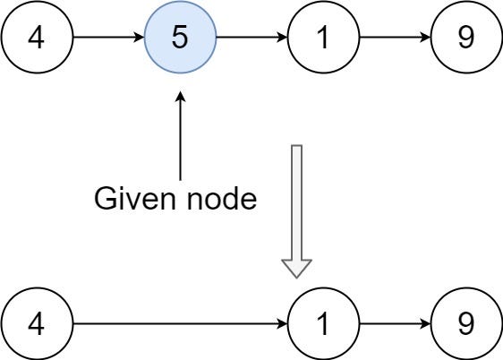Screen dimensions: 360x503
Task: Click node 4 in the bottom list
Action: tap(37, 322)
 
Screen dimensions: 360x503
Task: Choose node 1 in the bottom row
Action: tap(324, 322)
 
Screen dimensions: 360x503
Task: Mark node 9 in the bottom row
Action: tap(465, 322)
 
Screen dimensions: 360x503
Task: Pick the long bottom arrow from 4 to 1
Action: tap(179, 322)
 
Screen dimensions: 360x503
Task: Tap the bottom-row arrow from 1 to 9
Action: tap(394, 322)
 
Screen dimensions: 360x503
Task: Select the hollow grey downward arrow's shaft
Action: tap(296, 201)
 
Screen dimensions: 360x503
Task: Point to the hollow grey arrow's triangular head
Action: tap(296, 268)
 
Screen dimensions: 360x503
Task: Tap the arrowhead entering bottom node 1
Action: tap(282, 322)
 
